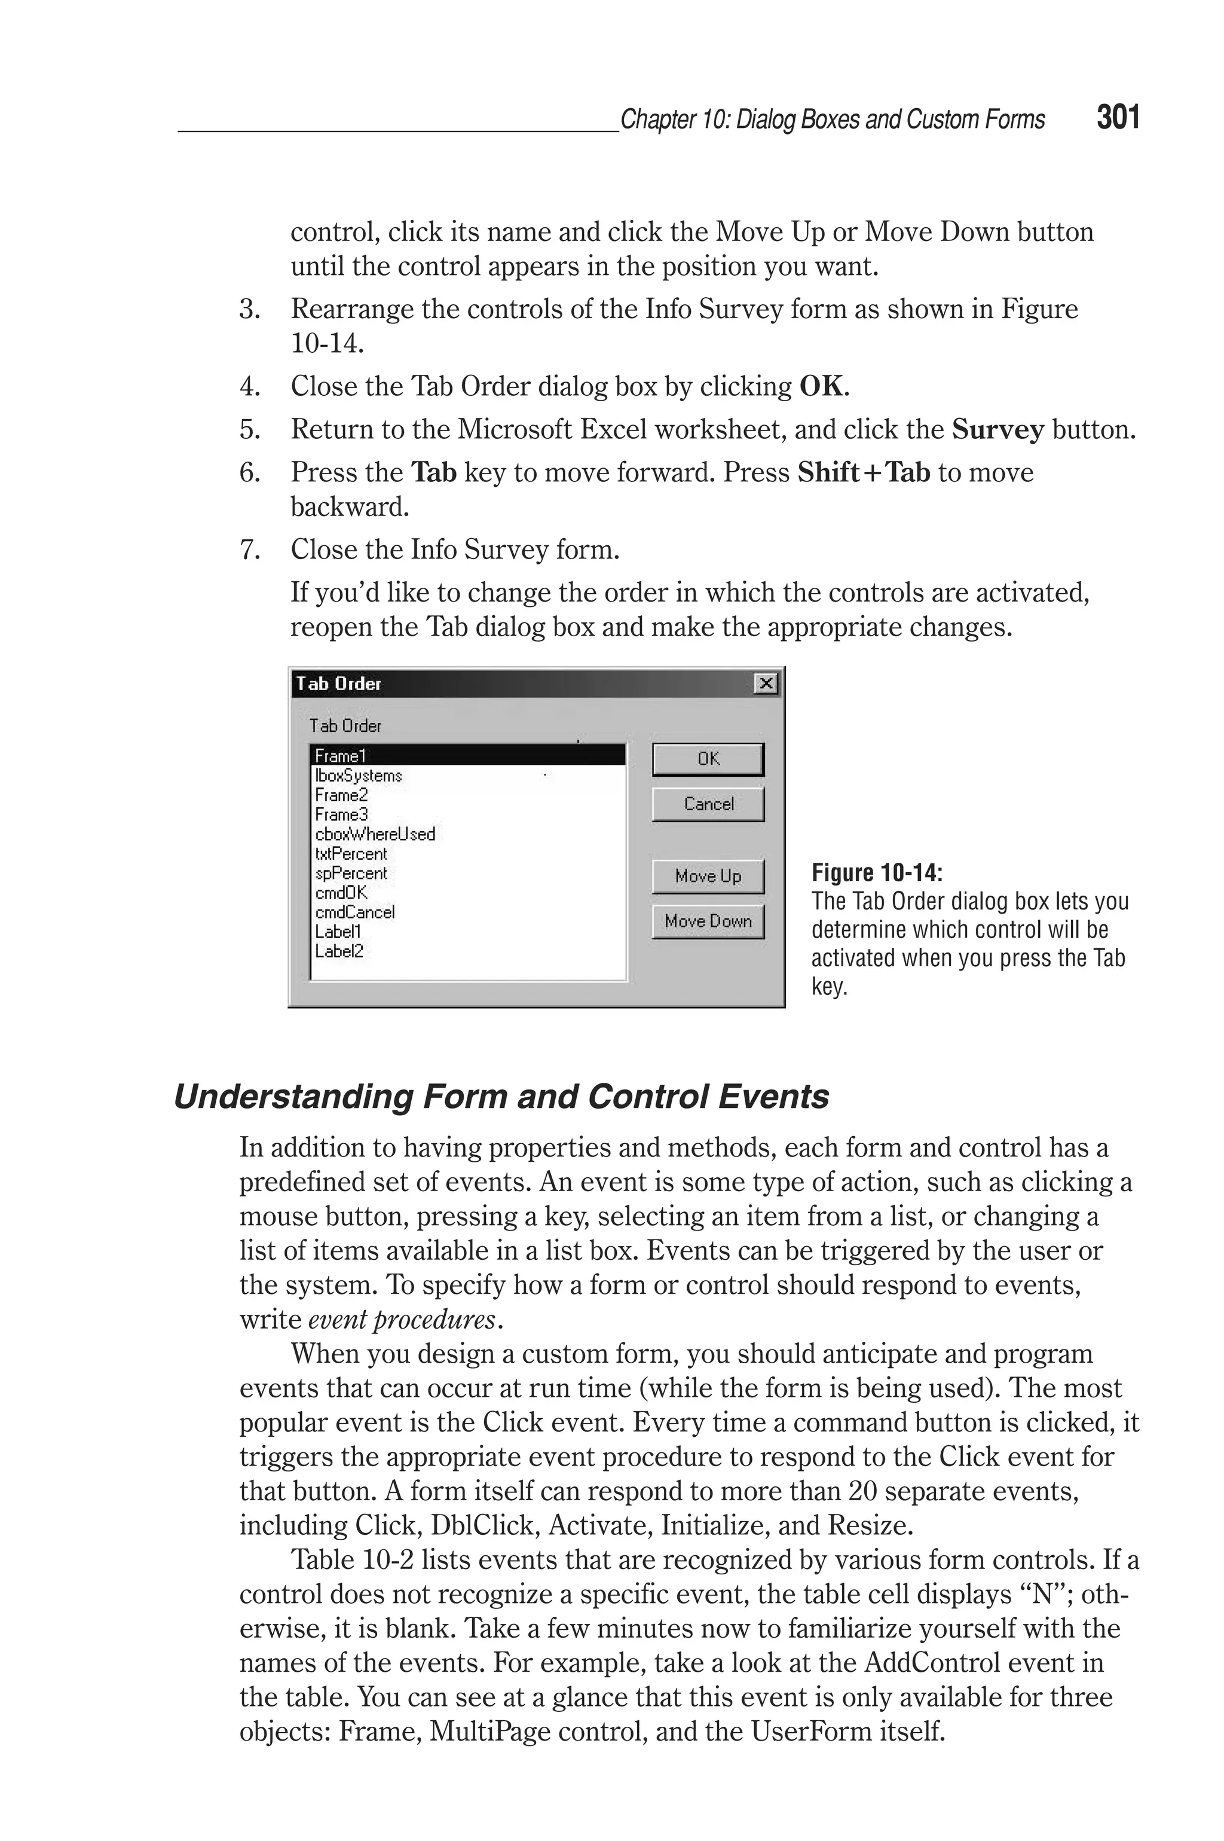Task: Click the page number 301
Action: [1118, 117]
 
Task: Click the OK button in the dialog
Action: [708, 759]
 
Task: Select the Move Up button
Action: [708, 876]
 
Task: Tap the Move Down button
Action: [708, 921]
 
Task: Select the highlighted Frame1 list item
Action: [469, 755]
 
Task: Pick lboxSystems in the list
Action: [359, 776]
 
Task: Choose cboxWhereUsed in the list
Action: [375, 834]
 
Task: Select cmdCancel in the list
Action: [355, 912]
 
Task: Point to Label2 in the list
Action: [339, 951]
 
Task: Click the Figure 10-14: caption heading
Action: [877, 872]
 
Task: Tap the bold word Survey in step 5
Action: [997, 429]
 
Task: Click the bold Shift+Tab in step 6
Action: [864, 472]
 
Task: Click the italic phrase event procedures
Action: [402, 1320]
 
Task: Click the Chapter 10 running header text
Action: [832, 120]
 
